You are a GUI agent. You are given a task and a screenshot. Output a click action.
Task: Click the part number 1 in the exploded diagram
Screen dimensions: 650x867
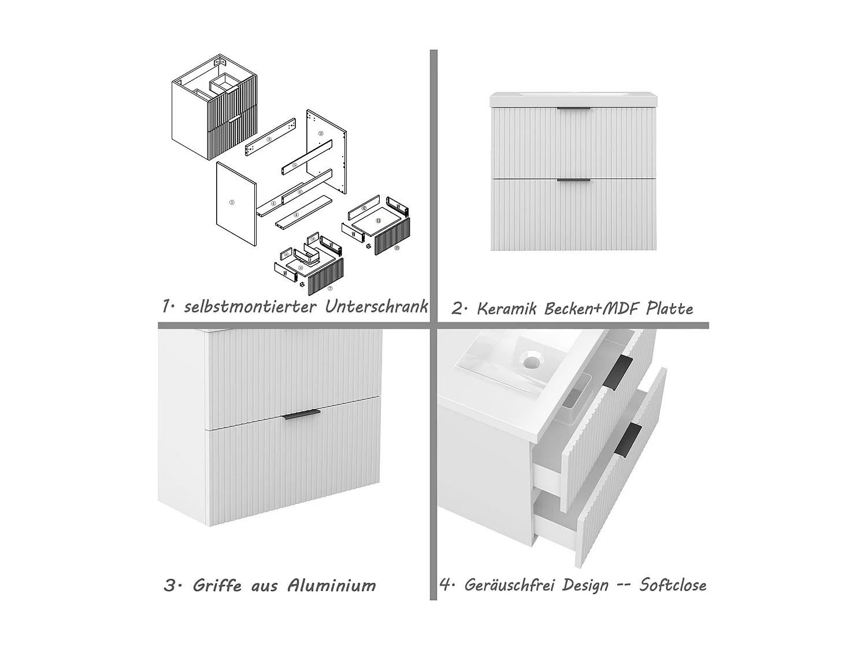[x=231, y=203]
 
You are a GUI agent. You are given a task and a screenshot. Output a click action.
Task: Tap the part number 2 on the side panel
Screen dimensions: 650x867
[x=321, y=133]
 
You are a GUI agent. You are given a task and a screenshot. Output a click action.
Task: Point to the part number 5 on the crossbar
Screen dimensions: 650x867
[x=295, y=165]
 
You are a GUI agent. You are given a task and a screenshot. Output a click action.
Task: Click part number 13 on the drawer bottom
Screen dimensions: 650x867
[x=378, y=221]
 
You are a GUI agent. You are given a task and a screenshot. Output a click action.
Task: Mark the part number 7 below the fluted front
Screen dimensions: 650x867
[x=329, y=288]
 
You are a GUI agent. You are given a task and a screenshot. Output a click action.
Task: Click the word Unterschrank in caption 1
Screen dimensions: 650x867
[x=376, y=306]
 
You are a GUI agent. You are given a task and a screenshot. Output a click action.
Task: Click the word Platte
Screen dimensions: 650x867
[x=669, y=309]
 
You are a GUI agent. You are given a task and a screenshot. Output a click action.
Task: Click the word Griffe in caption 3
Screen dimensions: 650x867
[x=217, y=585]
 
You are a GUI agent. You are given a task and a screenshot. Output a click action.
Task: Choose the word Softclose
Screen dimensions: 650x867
[x=672, y=585]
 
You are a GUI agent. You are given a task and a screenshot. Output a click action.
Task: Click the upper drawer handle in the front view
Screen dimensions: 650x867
[x=573, y=109]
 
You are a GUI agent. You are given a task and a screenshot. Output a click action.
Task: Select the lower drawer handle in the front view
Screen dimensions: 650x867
[x=573, y=180]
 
